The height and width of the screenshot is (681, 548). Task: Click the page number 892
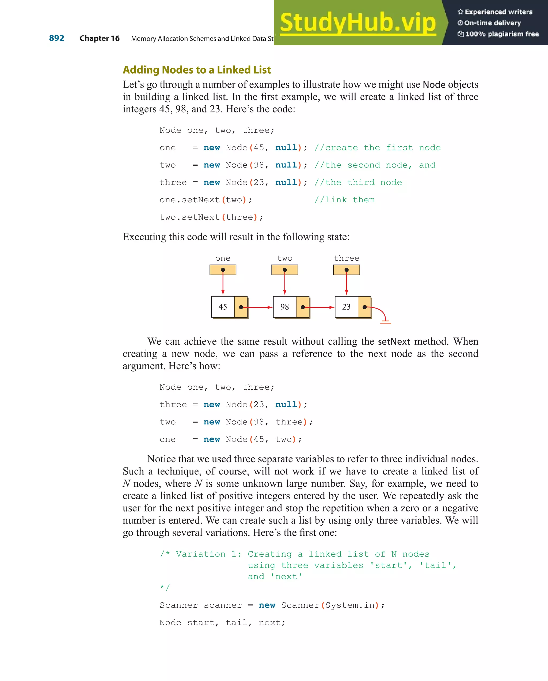tap(56, 38)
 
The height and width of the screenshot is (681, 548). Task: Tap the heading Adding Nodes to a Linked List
tap(196, 70)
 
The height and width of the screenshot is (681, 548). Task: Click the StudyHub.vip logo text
tap(358, 22)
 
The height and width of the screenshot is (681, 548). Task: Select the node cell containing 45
tap(223, 307)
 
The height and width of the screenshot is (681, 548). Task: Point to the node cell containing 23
tap(346, 307)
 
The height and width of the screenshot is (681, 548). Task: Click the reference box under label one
tap(223, 270)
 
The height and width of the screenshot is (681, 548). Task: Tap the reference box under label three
tap(346, 270)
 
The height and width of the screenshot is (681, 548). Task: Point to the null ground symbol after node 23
tap(385, 322)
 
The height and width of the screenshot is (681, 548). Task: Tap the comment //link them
tap(344, 200)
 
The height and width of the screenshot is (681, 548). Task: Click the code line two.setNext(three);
tap(211, 217)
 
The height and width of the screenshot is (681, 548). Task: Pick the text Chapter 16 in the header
tap(100, 38)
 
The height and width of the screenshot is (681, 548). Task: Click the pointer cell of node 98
tap(303, 307)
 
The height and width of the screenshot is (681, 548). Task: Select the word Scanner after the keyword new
tap(300, 605)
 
